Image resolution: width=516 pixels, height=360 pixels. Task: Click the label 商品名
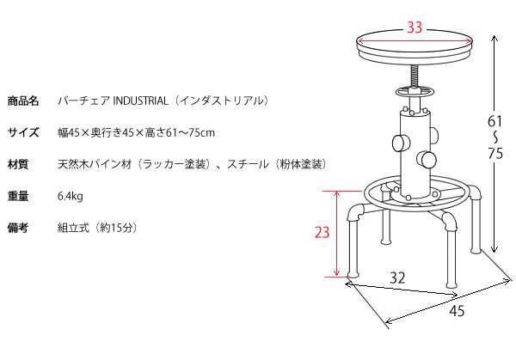23,101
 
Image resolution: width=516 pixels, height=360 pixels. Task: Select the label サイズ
23,132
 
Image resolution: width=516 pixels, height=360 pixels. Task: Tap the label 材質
18,164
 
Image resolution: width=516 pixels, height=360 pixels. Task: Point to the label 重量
18,196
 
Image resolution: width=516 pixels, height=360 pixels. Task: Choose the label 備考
18,228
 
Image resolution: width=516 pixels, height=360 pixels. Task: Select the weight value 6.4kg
71,196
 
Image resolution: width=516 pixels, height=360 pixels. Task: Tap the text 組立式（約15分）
97,228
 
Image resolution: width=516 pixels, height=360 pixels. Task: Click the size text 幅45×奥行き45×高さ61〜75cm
136,132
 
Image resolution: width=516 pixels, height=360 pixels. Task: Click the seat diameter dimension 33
415,27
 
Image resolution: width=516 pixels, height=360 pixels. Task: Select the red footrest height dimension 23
320,231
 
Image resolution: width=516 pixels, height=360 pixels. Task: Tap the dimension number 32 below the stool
396,278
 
